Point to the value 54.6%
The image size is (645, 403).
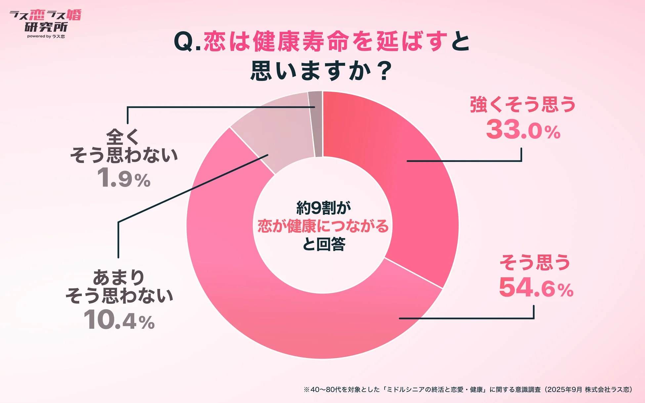tap(536, 288)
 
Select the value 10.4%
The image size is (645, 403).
tap(119, 320)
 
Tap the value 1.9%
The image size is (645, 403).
tap(124, 179)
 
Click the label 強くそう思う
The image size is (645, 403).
tap(523, 104)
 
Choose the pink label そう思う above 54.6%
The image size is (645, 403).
tap(535, 262)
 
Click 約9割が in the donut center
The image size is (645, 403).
tap(323, 208)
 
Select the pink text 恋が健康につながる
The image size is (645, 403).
tap(323, 226)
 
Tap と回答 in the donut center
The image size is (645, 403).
tap(323, 244)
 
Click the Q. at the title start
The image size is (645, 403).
tap(187, 42)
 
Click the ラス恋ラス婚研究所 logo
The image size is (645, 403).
tap(46, 21)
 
